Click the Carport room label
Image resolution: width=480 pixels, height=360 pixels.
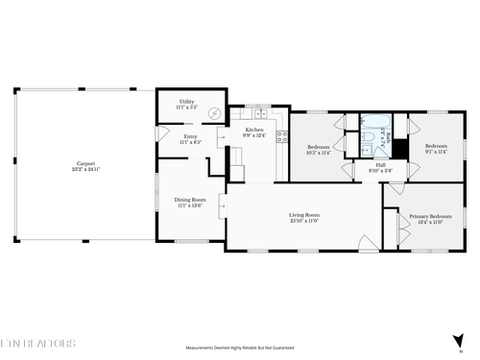(x=85, y=163)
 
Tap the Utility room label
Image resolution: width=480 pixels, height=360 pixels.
(x=186, y=101)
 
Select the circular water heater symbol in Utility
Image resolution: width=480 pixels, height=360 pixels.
(x=214, y=113)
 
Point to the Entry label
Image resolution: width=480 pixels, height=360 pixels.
(x=190, y=136)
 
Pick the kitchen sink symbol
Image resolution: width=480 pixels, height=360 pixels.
(x=261, y=113)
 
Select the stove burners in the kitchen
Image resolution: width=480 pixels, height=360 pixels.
(x=282, y=135)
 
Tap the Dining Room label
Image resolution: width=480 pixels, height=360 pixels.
(x=189, y=199)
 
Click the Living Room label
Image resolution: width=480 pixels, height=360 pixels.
(x=304, y=214)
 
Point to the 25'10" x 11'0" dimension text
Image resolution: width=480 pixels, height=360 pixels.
(x=304, y=221)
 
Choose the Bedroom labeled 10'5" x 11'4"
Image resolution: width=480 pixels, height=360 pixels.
(x=318, y=147)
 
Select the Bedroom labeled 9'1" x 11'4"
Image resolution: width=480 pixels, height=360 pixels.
(x=435, y=147)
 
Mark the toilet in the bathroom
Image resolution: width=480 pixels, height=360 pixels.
(x=367, y=149)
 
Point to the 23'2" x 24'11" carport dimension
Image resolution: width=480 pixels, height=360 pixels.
(x=85, y=170)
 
